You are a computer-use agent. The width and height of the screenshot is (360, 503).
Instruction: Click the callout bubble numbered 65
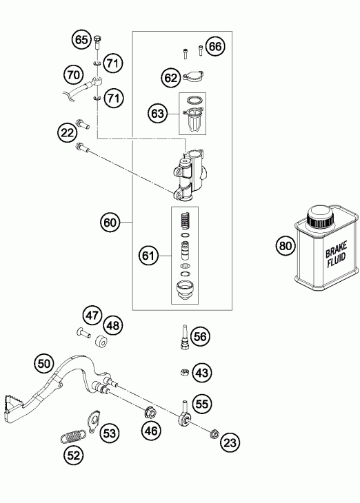point(81,39)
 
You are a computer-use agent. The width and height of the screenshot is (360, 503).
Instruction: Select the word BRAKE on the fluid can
point(337,249)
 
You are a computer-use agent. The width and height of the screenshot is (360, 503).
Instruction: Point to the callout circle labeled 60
point(110,223)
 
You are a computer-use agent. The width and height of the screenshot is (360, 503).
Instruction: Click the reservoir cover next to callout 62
point(194,76)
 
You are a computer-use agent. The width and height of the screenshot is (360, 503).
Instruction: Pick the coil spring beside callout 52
point(73,436)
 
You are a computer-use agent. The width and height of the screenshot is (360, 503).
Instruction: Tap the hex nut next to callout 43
point(184,372)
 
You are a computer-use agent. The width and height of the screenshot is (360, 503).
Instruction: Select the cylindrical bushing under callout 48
point(101,342)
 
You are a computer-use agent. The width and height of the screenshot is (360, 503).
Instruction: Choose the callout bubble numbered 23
point(230,443)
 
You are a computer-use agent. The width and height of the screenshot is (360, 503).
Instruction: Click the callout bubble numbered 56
point(200,336)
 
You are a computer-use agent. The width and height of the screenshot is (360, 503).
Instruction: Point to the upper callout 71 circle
point(113,63)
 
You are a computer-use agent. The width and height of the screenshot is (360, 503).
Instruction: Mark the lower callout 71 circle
point(113,98)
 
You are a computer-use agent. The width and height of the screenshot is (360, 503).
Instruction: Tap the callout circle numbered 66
point(215,47)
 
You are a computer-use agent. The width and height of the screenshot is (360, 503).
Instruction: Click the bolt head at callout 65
point(98,39)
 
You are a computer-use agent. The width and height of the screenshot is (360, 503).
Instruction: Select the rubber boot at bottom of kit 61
point(184,290)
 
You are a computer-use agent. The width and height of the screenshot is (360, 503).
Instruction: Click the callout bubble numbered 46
point(151,431)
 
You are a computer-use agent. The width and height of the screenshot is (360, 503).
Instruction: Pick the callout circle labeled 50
point(44,364)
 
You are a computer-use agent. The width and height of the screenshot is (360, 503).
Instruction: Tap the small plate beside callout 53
point(94,421)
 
